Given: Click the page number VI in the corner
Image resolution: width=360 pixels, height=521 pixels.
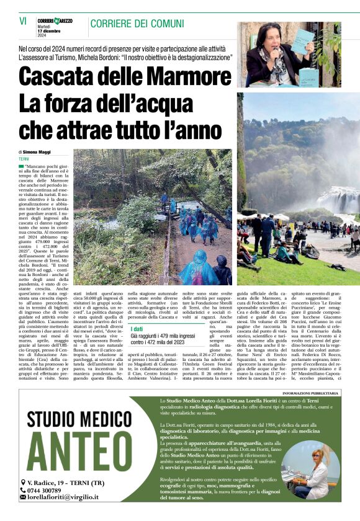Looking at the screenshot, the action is click(x=23, y=21).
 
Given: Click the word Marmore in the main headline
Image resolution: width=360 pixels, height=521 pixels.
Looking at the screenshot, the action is click(x=175, y=77).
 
